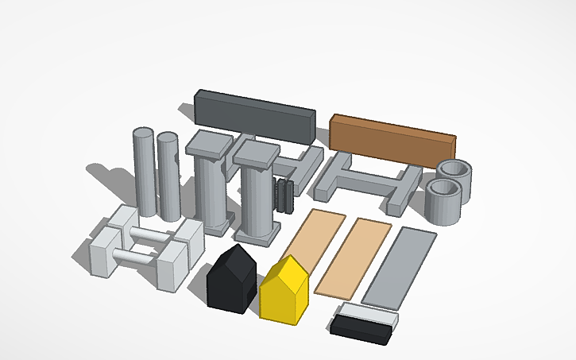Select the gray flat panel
(x=400, y=266)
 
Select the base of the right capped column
(x=257, y=233)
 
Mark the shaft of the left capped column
(x=208, y=191)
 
